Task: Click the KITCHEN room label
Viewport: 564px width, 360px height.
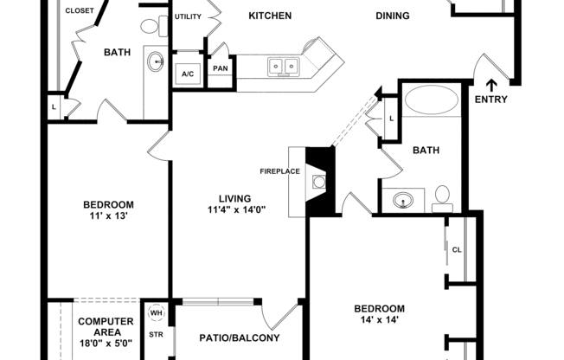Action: coord(270,16)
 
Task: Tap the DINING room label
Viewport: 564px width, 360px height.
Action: coord(393,16)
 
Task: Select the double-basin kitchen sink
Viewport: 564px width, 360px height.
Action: coord(283,65)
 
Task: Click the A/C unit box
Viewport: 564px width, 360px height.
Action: coord(188,74)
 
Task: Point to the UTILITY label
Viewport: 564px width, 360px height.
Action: coord(188,16)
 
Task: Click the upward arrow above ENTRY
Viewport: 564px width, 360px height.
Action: coord(491,85)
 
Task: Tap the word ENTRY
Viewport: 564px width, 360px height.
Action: coord(491,100)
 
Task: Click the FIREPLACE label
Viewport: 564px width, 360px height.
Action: coord(280,170)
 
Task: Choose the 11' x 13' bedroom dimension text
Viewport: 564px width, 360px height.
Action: coord(108,216)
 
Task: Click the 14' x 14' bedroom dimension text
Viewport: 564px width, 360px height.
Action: coord(379,320)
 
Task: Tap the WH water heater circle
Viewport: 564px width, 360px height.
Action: coord(157,313)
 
